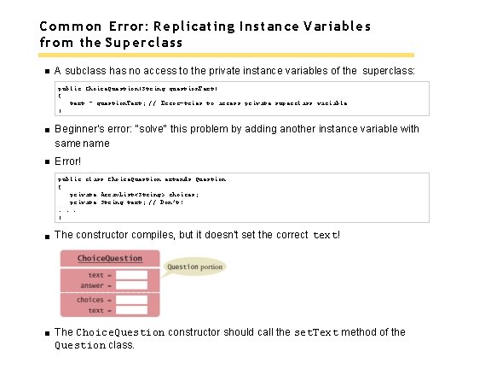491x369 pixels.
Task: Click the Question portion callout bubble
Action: (x=194, y=266)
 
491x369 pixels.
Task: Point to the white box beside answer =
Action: (x=131, y=285)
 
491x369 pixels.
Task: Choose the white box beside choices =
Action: (x=131, y=300)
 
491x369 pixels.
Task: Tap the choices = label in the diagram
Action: (x=90, y=300)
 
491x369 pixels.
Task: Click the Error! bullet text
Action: (x=67, y=161)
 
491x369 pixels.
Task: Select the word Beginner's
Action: (x=79, y=129)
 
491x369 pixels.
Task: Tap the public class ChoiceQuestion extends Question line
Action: (x=142, y=179)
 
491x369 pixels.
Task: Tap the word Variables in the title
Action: (x=338, y=26)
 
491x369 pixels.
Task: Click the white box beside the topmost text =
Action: (x=131, y=275)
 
